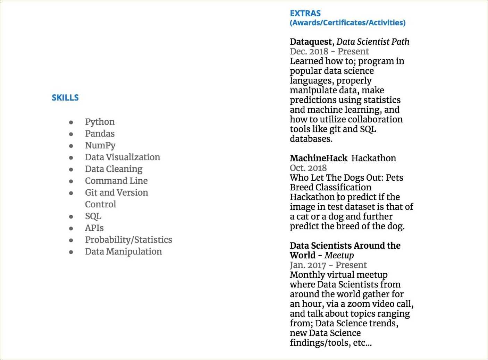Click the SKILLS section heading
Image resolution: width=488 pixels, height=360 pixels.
(65, 98)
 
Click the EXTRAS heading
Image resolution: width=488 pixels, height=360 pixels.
(305, 14)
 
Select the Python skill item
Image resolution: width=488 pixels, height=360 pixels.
(100, 122)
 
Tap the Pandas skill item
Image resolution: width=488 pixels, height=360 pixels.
(100, 134)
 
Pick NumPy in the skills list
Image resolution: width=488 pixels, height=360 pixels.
(100, 146)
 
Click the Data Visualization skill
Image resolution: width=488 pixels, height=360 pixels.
(123, 157)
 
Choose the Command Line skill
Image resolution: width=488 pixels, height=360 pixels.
(116, 181)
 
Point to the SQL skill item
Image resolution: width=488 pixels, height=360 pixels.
(93, 216)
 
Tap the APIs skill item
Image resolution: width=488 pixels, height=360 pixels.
(94, 228)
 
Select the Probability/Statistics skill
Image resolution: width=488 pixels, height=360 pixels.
(128, 240)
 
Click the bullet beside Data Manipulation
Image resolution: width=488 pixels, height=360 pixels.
(71, 252)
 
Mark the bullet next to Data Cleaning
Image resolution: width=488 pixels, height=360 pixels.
(71, 170)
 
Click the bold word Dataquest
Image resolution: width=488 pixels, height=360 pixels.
(311, 42)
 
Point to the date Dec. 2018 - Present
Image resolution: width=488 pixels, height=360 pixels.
(329, 51)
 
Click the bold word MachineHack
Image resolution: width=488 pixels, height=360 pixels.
(318, 158)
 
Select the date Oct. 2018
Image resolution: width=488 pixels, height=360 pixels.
(308, 168)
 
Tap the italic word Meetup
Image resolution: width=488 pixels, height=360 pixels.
(339, 256)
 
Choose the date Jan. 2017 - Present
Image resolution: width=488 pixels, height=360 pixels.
(328, 265)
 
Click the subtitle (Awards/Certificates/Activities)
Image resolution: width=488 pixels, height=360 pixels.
(347, 23)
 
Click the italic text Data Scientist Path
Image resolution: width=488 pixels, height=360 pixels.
(373, 42)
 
